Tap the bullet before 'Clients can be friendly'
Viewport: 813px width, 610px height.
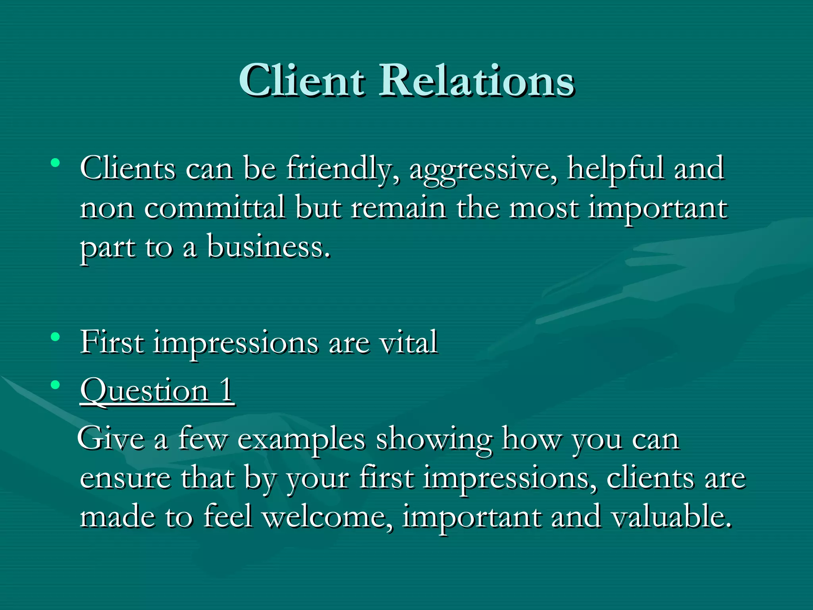[x=56, y=163]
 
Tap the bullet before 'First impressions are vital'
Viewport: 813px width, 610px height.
[x=56, y=337]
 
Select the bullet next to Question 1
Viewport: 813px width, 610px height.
[x=56, y=384]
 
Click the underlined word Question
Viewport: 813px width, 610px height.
[x=145, y=391]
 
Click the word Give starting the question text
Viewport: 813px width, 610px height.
[x=111, y=439]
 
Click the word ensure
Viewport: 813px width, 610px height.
[x=125, y=479]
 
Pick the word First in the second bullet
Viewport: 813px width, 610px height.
[x=112, y=342]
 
